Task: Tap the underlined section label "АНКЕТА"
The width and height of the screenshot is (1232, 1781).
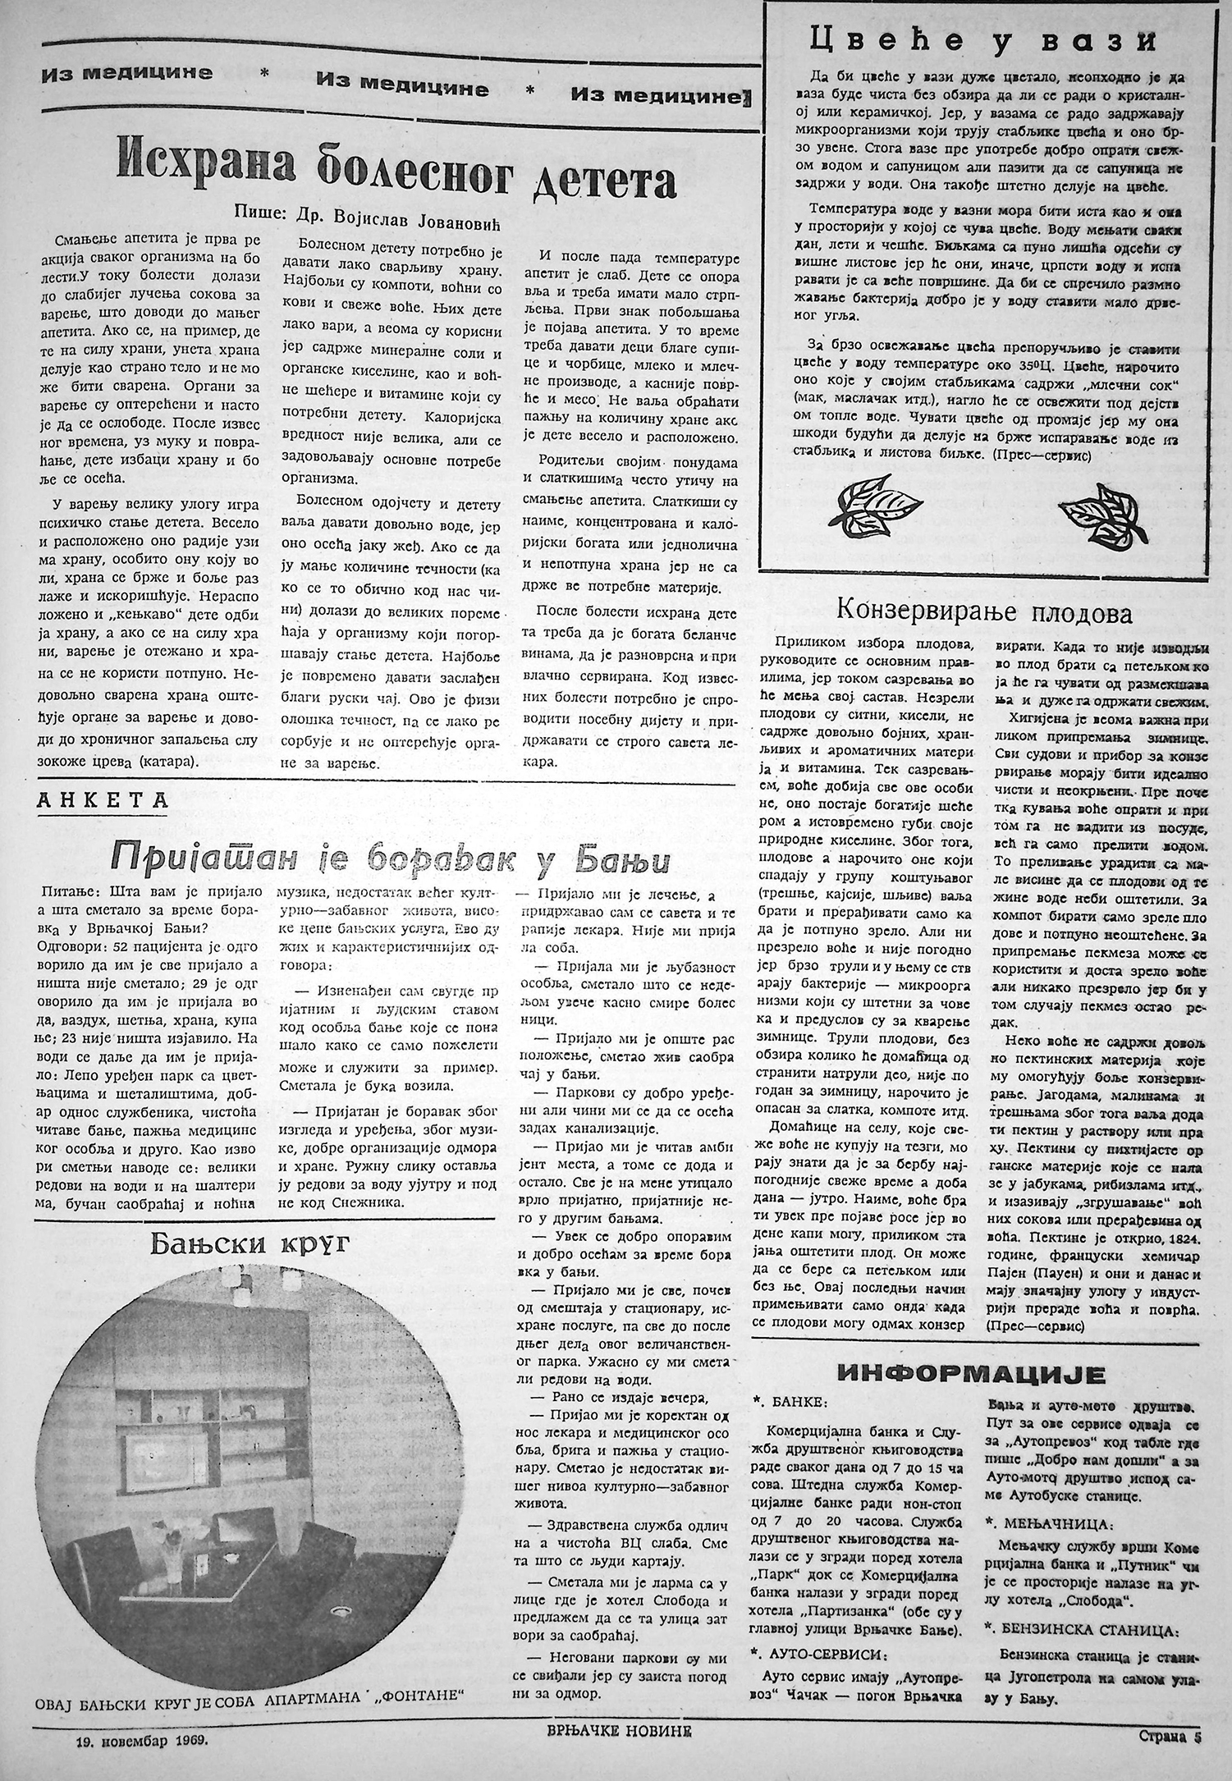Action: [102, 799]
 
